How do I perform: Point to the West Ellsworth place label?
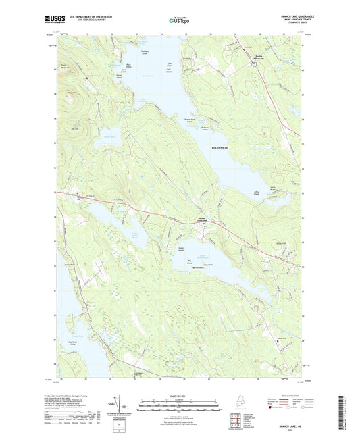pos(203,220)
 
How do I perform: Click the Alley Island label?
pos(257,193)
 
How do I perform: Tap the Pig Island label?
pos(190,259)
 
